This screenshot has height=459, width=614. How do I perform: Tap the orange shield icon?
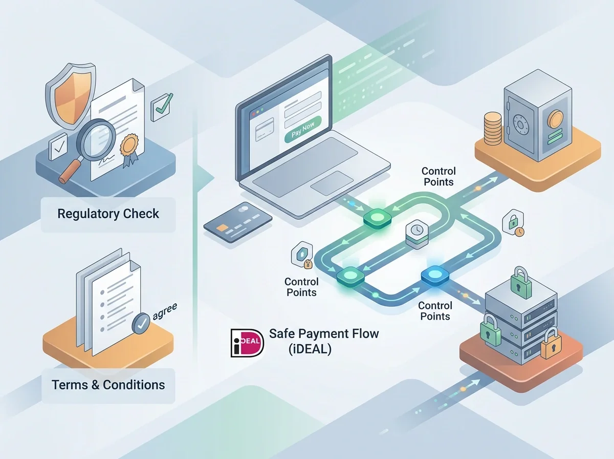(71, 96)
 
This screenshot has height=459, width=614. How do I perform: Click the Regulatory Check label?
(108, 214)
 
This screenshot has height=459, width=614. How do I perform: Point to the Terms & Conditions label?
(108, 385)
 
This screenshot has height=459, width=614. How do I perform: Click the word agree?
(165, 311)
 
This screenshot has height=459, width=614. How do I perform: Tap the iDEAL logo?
(247, 343)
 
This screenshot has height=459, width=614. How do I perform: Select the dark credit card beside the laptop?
(238, 222)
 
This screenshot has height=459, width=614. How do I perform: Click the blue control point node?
(435, 276)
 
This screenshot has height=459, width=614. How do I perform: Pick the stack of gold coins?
(493, 128)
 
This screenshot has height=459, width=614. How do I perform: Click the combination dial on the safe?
(520, 124)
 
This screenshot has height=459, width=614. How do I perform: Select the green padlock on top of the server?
(521, 282)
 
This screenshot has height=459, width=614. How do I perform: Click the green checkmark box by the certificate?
(161, 107)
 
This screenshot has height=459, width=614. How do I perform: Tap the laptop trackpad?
(332, 183)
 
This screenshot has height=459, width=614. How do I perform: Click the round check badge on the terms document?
(141, 323)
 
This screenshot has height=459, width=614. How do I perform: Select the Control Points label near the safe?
(438, 176)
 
